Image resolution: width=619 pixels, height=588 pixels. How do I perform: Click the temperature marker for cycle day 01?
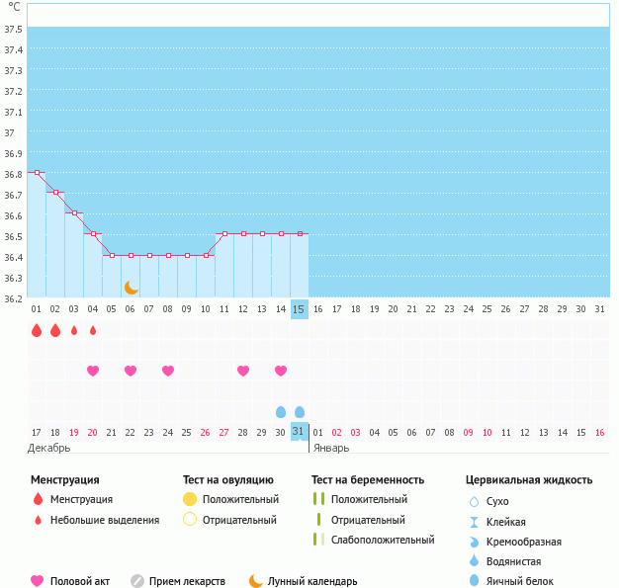[x=37, y=173]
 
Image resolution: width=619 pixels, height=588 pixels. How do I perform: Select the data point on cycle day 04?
[x=93, y=234]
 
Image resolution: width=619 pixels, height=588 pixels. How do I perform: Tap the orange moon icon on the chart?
[x=131, y=288]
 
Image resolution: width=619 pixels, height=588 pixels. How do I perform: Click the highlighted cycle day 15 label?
[x=300, y=309]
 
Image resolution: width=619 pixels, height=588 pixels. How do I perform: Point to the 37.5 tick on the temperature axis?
[x=14, y=29]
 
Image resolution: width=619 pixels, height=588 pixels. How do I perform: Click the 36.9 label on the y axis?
[x=14, y=153]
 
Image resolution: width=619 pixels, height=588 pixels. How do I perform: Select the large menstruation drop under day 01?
[x=37, y=330]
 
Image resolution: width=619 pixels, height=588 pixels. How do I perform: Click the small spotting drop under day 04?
[x=93, y=330]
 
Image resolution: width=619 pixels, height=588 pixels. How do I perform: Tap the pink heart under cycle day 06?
[x=131, y=371]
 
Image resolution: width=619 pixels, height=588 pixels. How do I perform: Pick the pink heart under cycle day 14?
[x=281, y=371]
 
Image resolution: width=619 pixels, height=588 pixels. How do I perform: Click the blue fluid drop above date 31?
[x=300, y=412]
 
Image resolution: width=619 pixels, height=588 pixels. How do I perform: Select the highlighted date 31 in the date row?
[x=300, y=432]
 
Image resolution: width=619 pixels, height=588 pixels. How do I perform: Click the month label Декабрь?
[x=49, y=448]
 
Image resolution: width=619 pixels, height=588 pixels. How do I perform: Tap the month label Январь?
[x=330, y=448]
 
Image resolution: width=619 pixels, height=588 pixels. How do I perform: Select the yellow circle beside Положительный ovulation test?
[x=190, y=499]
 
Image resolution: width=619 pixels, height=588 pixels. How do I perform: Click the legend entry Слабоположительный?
[x=384, y=540]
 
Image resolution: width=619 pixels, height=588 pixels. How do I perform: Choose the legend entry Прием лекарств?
[x=187, y=581]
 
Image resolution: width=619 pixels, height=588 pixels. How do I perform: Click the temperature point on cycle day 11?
[x=224, y=234]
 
